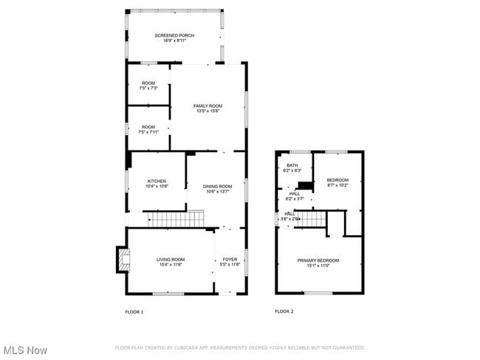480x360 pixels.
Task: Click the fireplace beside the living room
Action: coord(120,260)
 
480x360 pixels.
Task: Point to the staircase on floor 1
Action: coord(174,218)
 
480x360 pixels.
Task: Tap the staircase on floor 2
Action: coord(311,219)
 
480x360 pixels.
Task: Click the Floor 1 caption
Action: coord(134,312)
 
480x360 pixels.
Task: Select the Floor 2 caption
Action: coord(284,312)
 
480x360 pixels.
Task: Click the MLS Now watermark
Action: coord(25,350)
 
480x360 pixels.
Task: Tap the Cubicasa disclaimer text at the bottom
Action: coord(240,347)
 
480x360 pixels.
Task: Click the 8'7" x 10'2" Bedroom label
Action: coord(337,183)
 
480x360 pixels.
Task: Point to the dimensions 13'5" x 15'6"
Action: coord(208,111)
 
